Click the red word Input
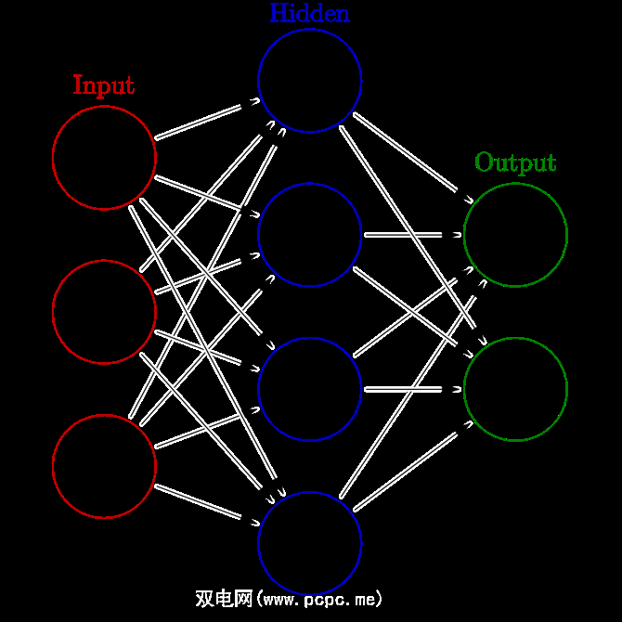pyautogui.click(x=104, y=85)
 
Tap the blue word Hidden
pyautogui.click(x=310, y=13)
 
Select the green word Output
pyautogui.click(x=515, y=162)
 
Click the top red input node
pyautogui.click(x=104, y=157)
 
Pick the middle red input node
pyautogui.click(x=104, y=311)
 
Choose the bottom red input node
pyautogui.click(x=104, y=465)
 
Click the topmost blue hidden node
pyautogui.click(x=310, y=80)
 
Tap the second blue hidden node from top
pyautogui.click(x=310, y=234)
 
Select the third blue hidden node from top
pyautogui.click(x=310, y=389)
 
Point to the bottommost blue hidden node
pyautogui.click(x=310, y=543)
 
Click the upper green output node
pyautogui.click(x=515, y=234)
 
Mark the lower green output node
pyautogui.click(x=515, y=389)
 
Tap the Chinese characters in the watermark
pyautogui.click(x=223, y=599)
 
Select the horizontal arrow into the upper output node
pyautogui.click(x=412, y=234)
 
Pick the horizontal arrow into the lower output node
pyautogui.click(x=412, y=389)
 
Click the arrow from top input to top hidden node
pyautogui.click(x=206, y=120)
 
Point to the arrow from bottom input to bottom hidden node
pyautogui.click(x=206, y=504)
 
